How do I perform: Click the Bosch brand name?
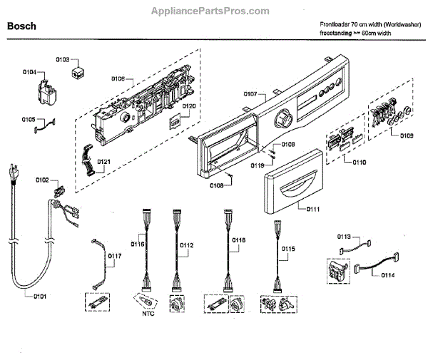pyautogui.click(x=21, y=26)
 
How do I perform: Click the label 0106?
pyautogui.click(x=118, y=78)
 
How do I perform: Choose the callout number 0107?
pyautogui.click(x=250, y=94)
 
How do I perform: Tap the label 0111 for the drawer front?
pyautogui.click(x=315, y=209)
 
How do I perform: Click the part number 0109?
pyautogui.click(x=407, y=135)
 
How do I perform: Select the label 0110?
pyautogui.click(x=360, y=162)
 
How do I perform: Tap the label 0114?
pyautogui.click(x=388, y=274)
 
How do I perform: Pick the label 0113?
pyautogui.click(x=344, y=235)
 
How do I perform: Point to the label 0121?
pyautogui.click(x=103, y=162)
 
